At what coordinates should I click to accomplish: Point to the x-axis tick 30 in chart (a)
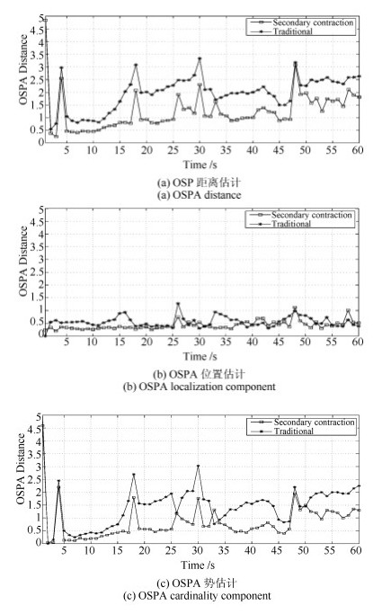[200, 150]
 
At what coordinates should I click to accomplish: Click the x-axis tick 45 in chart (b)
[279, 342]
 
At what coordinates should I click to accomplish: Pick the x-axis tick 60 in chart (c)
[355, 550]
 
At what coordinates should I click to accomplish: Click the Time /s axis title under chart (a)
[200, 165]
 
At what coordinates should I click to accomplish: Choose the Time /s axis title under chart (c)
[198, 565]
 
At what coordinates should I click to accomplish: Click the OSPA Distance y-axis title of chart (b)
[23, 262]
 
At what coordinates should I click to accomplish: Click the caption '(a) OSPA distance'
[199, 195]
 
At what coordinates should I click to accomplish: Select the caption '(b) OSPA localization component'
[200, 387]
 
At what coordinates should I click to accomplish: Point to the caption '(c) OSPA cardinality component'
[197, 596]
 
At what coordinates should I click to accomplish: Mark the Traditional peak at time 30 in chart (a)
[200, 58]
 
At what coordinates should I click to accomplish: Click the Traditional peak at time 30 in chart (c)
[198, 467]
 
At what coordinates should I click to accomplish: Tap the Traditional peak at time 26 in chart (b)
[178, 304]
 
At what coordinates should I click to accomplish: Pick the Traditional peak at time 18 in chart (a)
[136, 65]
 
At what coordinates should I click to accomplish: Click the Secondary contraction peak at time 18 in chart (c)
[134, 498]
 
